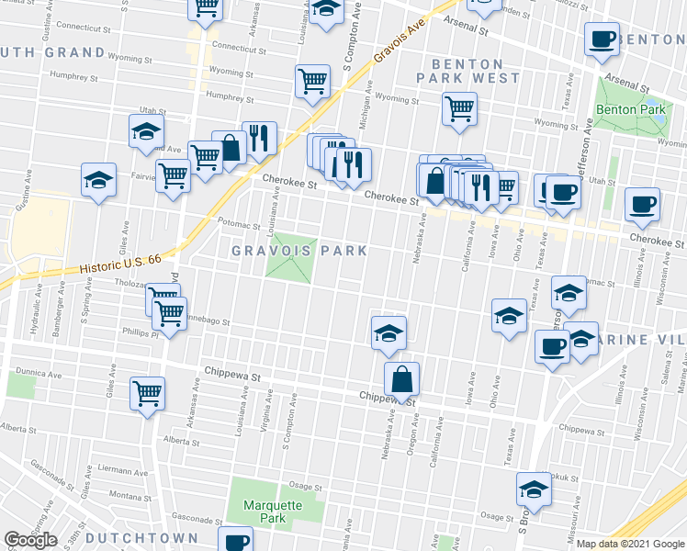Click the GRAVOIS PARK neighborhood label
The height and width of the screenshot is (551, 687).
click(298, 251)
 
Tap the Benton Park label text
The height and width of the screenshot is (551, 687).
click(629, 109)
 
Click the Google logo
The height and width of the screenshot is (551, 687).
click(30, 540)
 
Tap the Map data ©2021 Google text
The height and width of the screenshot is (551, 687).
click(631, 544)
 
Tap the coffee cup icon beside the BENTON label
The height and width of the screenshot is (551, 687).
click(602, 39)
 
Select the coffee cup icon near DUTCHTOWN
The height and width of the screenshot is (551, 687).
click(236, 540)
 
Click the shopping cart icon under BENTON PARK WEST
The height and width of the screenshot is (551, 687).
click(459, 108)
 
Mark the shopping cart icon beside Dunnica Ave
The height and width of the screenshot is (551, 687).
click(147, 393)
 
